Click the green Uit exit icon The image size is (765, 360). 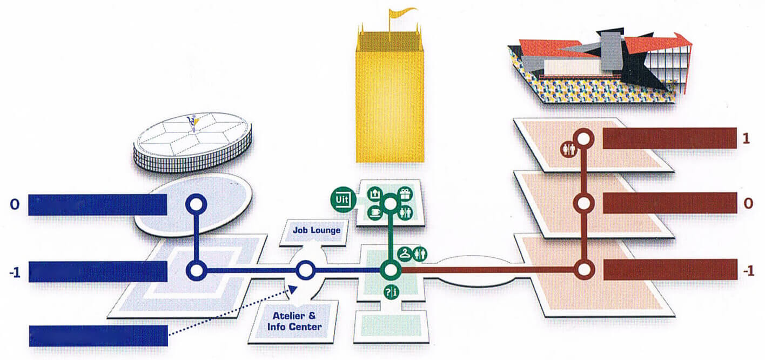[x=342, y=199]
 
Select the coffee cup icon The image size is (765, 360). [x=374, y=213]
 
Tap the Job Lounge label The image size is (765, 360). [x=317, y=230]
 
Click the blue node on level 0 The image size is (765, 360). [x=196, y=204]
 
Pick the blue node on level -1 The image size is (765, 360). [x=196, y=270]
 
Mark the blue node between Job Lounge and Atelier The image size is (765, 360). [x=305, y=270]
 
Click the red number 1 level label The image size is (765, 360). [x=747, y=138]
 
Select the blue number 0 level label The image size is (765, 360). [x=14, y=204]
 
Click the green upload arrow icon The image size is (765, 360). [x=374, y=194]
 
